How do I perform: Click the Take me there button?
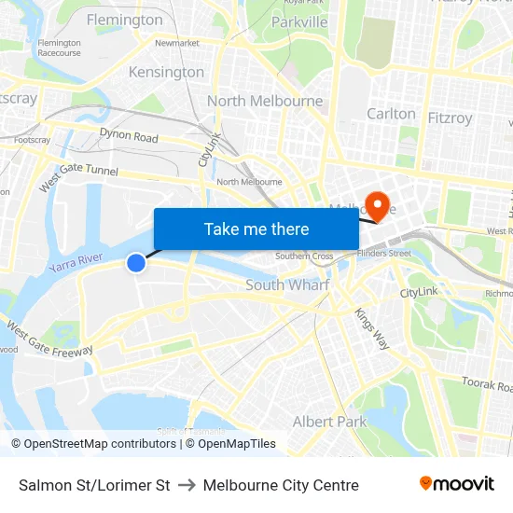click(x=256, y=229)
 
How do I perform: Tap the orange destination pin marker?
click(x=378, y=203)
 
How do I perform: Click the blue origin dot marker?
click(x=136, y=263)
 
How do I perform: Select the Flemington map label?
click(x=124, y=20)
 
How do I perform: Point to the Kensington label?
click(x=166, y=72)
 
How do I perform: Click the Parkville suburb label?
click(x=299, y=21)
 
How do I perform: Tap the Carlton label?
click(x=391, y=114)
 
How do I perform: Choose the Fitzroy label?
click(x=449, y=118)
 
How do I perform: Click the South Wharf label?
click(x=287, y=284)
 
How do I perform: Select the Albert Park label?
click(x=330, y=422)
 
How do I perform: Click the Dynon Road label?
click(x=129, y=137)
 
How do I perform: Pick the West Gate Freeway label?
click(x=49, y=340)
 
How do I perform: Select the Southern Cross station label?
click(x=304, y=256)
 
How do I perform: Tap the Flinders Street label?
click(x=383, y=253)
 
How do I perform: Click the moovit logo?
click(x=457, y=484)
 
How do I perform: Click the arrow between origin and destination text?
click(x=187, y=485)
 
